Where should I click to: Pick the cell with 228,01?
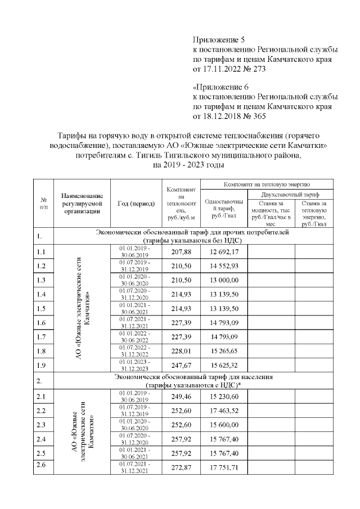click(x=181, y=352)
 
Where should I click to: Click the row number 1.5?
click(x=40, y=309)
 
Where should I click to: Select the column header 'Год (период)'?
click(x=136, y=204)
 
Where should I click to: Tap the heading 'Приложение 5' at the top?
click(x=219, y=40)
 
